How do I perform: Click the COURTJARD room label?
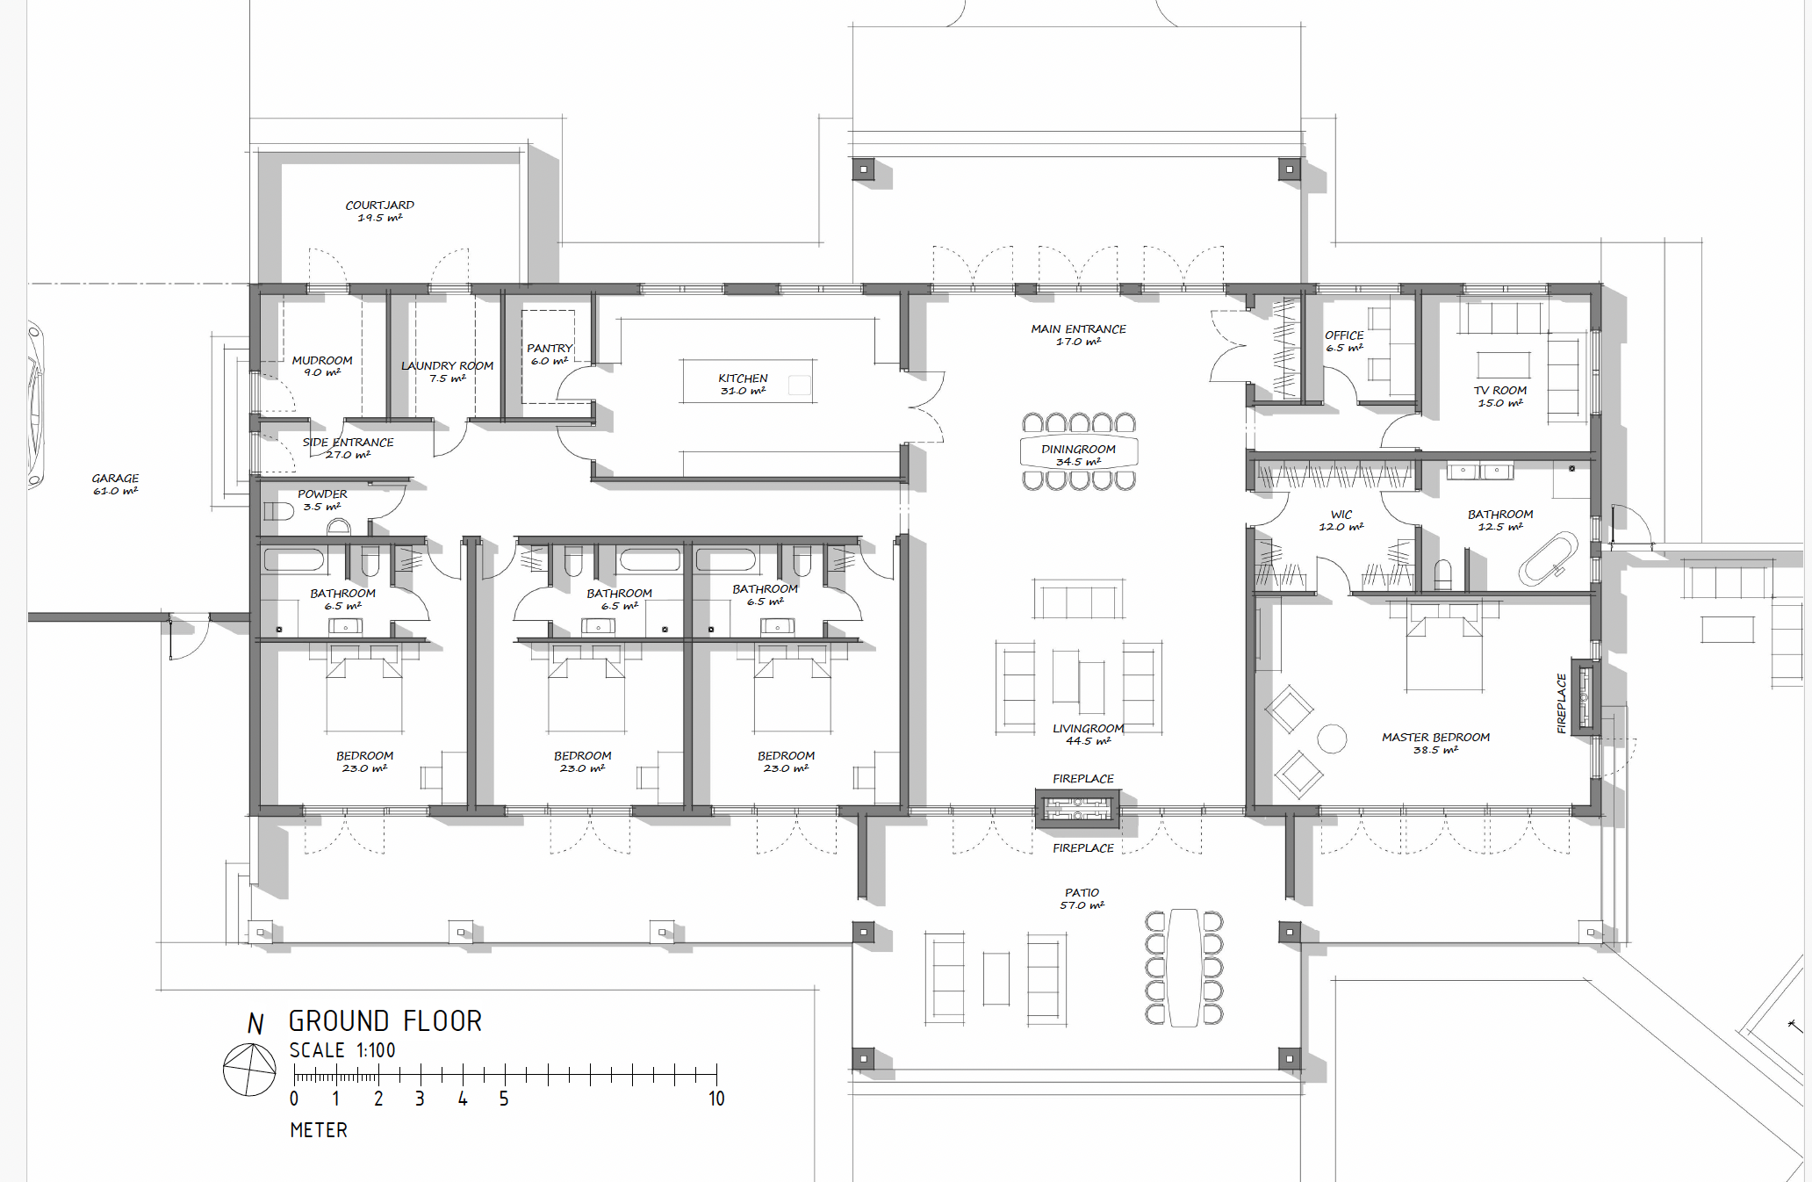379,205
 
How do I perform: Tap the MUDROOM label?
322,361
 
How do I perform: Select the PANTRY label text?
550,349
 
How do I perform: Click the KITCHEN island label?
743,378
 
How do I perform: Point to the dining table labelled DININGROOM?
1079,451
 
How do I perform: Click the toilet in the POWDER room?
278,511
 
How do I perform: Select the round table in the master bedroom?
1332,739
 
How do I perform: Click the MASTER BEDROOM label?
1435,738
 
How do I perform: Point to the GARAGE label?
115,479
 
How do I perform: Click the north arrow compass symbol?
250,1070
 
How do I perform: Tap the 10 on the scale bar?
716,1099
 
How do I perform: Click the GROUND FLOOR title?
385,1021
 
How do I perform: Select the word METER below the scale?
319,1130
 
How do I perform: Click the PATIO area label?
1082,893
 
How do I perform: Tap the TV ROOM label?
1500,391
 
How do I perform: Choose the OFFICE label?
1344,335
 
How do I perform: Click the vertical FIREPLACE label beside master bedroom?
1561,703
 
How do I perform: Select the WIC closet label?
1341,515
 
